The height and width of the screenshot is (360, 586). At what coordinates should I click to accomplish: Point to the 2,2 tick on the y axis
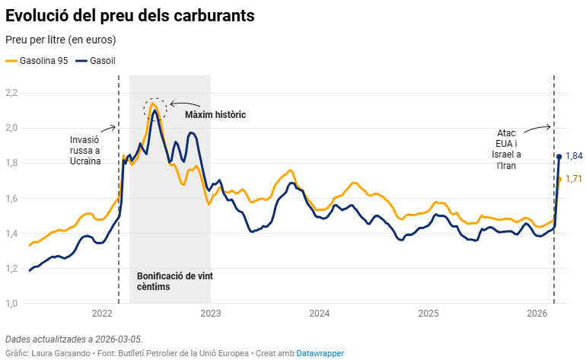click(11, 93)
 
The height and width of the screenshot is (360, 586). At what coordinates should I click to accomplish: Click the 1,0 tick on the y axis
click(11, 304)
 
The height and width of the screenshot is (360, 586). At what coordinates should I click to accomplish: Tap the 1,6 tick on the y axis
click(11, 199)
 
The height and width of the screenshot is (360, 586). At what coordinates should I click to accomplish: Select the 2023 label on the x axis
click(210, 314)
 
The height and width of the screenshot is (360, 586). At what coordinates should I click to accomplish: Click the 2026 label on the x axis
click(537, 314)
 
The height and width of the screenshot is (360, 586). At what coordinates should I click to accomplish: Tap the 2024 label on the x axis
click(320, 314)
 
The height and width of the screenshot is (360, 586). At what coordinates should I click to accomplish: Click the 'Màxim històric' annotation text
click(215, 114)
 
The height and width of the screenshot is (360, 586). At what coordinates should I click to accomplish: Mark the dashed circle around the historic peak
click(154, 109)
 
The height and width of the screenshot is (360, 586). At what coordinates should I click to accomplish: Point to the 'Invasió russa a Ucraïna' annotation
click(85, 151)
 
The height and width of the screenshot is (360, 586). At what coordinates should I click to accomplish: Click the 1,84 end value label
click(574, 156)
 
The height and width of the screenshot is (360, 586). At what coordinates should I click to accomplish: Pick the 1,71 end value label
click(574, 179)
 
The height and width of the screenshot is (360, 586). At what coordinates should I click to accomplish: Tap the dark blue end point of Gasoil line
click(559, 157)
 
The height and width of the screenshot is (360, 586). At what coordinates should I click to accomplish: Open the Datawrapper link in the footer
click(320, 353)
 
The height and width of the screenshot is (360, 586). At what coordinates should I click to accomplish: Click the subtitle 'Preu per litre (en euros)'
click(61, 40)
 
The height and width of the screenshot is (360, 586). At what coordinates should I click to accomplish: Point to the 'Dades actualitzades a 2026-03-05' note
click(73, 339)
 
